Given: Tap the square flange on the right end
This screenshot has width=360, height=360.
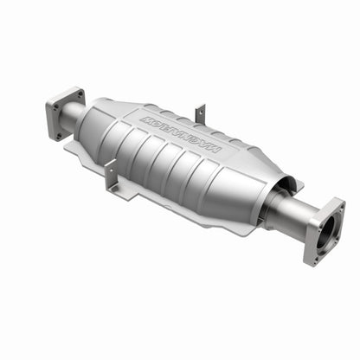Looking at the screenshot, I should pos(325,231).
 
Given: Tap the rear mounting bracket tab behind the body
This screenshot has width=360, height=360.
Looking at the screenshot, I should pos(201,112).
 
